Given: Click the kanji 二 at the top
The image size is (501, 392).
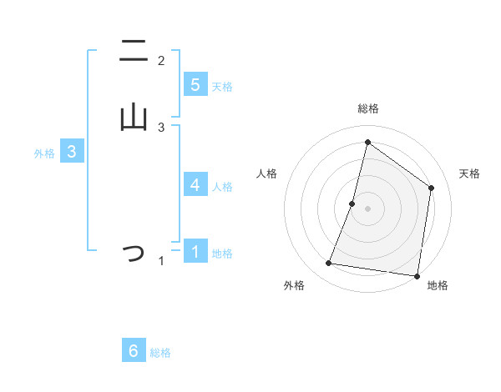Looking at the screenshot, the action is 133,53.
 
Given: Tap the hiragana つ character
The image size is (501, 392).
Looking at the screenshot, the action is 133,253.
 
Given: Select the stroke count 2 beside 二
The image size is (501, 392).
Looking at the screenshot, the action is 161,61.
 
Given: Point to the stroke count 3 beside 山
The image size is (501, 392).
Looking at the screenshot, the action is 161,127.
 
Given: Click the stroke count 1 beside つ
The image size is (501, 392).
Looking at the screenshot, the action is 161,261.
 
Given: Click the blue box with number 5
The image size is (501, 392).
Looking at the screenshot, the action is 195,85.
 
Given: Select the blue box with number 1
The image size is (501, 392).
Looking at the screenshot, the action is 195,251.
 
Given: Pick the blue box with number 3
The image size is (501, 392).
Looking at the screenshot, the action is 72,152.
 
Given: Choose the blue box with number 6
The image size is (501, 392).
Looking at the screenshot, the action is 134,351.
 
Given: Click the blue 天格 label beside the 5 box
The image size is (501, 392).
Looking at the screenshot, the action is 222,87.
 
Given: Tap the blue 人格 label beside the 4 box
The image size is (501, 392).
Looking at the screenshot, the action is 222,187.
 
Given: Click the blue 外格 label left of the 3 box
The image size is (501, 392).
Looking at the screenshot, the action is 44,153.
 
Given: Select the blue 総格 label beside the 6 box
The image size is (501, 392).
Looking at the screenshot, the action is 160,353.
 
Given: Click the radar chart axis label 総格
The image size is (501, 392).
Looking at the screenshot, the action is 367,108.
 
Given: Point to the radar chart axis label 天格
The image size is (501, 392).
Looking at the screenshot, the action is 469,173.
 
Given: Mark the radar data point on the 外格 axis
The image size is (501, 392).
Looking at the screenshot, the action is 329,264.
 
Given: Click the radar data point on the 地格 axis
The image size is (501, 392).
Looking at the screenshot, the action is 417,275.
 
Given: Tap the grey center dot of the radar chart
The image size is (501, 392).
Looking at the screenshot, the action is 367,208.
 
